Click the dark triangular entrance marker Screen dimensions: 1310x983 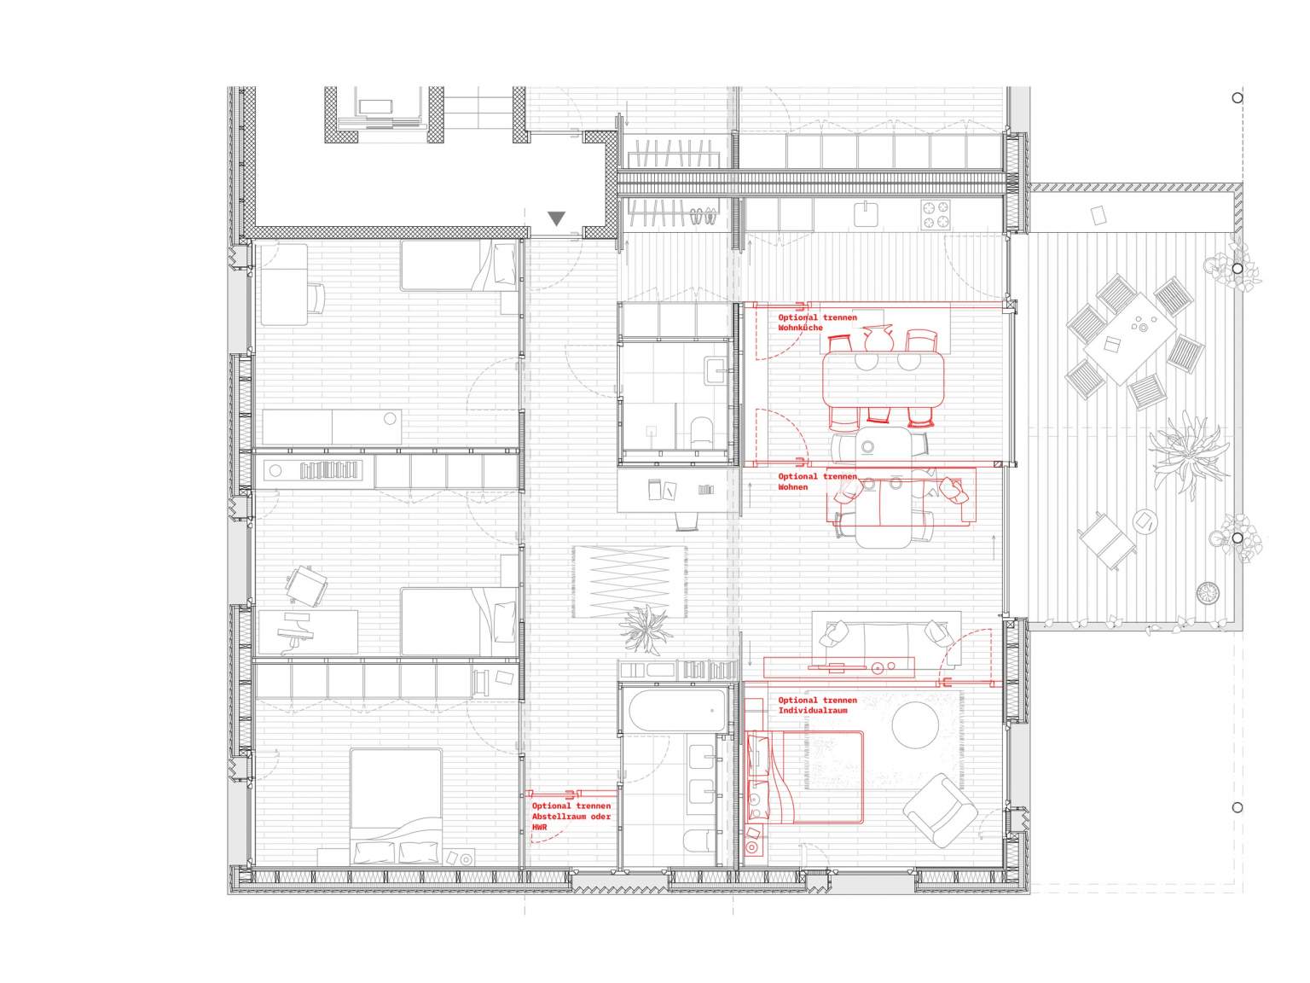(x=556, y=218)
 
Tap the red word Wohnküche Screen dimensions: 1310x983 (x=800, y=328)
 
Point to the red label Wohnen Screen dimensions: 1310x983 (x=792, y=487)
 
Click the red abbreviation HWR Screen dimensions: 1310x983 (x=539, y=827)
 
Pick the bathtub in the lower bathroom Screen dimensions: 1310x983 (x=678, y=710)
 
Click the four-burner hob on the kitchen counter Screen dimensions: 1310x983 (x=935, y=215)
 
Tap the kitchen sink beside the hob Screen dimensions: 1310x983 (x=866, y=214)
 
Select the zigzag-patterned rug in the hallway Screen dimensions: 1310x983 (x=629, y=582)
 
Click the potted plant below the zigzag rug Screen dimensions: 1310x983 (x=645, y=630)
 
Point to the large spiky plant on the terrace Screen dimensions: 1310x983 (x=1188, y=455)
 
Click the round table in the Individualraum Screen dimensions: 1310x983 (x=915, y=724)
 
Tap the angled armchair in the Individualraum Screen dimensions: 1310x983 (x=940, y=810)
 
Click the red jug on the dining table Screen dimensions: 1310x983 (x=878, y=338)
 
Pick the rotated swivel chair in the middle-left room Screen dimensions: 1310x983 (x=306, y=586)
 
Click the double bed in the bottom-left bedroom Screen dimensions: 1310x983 (x=396, y=807)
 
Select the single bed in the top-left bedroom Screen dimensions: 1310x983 (x=458, y=265)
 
